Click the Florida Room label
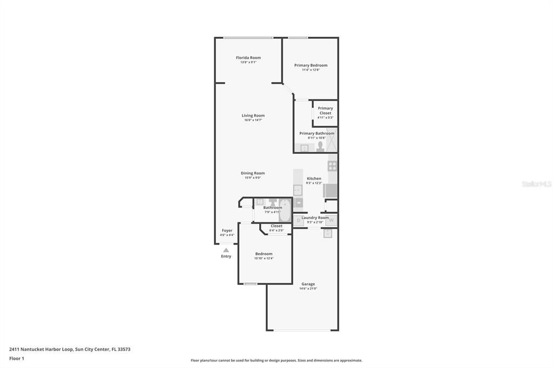(248, 58)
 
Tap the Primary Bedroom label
(311, 65)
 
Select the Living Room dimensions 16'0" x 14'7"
(253, 120)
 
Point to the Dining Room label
(253, 173)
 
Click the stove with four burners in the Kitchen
(332, 166)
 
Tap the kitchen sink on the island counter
(298, 190)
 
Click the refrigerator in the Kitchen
(331, 190)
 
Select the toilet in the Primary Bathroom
(320, 147)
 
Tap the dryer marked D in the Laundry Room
(299, 220)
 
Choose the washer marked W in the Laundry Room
(332, 220)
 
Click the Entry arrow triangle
(226, 250)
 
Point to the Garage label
(308, 284)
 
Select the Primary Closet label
(325, 111)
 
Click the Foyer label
(227, 230)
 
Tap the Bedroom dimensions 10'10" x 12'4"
(264, 258)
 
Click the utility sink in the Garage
(328, 234)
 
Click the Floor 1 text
(17, 358)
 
